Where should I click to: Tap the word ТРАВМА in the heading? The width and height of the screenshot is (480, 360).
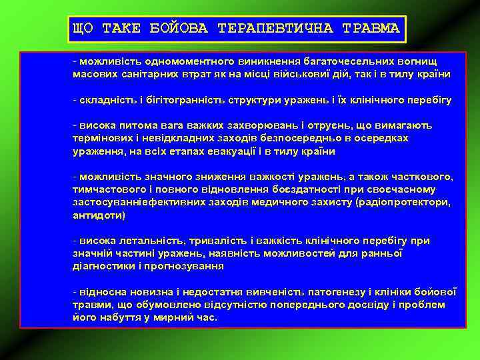pos(370,28)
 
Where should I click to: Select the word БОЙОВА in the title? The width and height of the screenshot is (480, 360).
pos(178,28)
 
